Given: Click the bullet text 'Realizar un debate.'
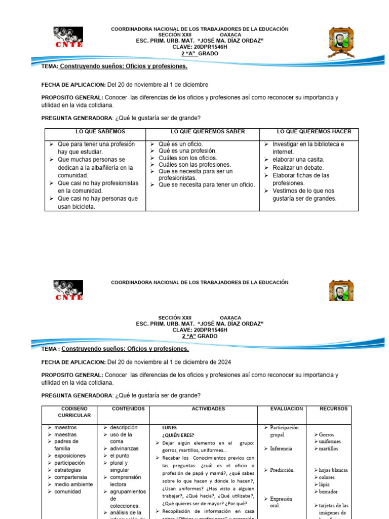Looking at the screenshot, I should [x=298, y=168].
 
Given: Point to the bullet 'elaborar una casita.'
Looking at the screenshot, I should [x=299, y=160].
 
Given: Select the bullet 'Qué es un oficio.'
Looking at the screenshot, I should [x=180, y=144].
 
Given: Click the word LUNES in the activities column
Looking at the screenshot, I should [x=170, y=428].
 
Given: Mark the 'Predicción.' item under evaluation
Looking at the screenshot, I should [x=282, y=470].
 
